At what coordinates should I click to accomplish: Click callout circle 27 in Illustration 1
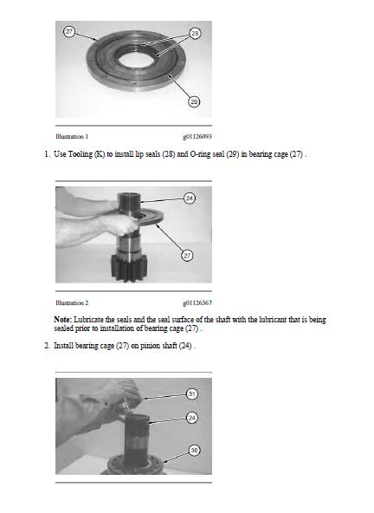[x=69, y=31]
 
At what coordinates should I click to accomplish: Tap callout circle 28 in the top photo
[x=195, y=33]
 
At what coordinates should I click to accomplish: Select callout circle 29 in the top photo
[x=194, y=101]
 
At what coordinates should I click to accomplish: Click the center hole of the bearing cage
[x=132, y=60]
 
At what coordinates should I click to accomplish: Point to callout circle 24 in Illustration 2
[x=190, y=198]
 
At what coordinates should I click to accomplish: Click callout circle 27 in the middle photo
[x=187, y=256]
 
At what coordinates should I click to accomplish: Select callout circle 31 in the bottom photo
[x=192, y=394]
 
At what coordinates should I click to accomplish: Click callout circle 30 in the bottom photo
[x=194, y=451]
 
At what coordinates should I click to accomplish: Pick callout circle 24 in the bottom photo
[x=192, y=418]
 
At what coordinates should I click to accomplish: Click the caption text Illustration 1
[x=72, y=136]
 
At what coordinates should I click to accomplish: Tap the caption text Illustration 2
[x=72, y=302]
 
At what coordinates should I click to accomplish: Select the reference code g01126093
[x=197, y=136]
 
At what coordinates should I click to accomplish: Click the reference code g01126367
[x=197, y=302]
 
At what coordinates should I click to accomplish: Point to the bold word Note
[x=62, y=319]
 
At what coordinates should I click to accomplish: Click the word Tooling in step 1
[x=81, y=154]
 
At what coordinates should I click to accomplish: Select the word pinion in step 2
[x=149, y=346]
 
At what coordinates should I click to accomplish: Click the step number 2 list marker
[x=47, y=346]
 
